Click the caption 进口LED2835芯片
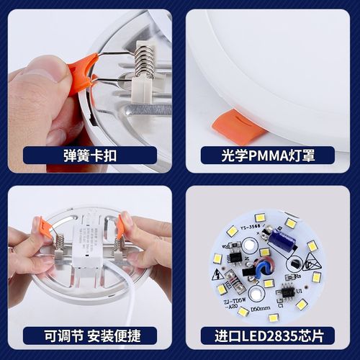point(268,333)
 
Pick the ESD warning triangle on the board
point(312,265)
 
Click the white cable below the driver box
point(126,292)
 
